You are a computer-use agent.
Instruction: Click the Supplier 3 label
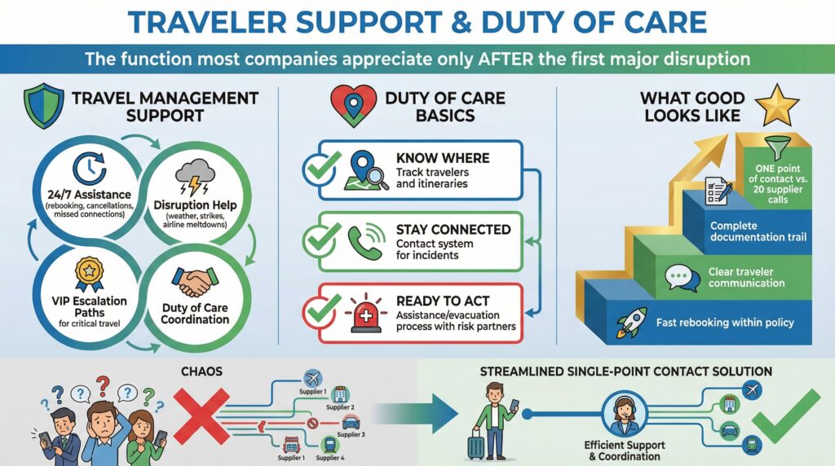pos(351,435)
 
